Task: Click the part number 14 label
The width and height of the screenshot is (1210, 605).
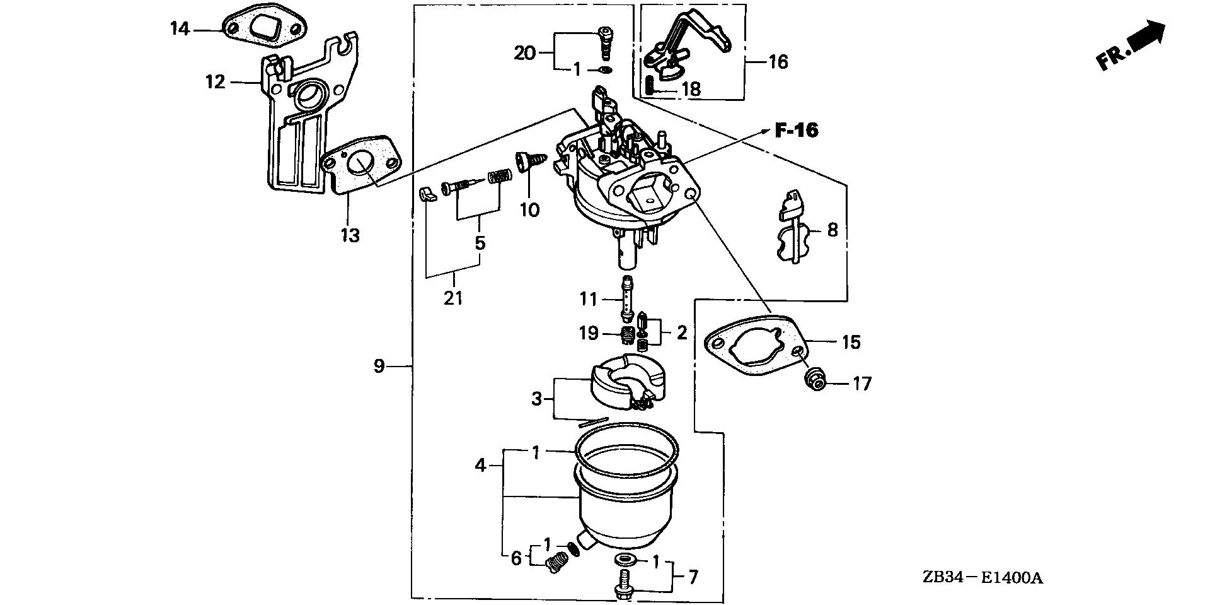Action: tap(180, 29)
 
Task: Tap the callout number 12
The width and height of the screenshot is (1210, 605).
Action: tap(216, 81)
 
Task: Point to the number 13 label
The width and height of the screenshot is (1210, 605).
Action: tap(350, 235)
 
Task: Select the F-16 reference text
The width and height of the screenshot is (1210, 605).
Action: tap(796, 131)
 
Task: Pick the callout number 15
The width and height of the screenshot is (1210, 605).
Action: tap(851, 342)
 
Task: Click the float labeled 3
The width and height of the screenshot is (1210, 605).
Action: tap(628, 383)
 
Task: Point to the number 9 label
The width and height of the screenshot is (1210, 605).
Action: tap(379, 366)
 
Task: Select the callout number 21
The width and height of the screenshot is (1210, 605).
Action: tap(453, 298)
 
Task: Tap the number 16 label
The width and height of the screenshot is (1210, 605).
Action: tap(779, 62)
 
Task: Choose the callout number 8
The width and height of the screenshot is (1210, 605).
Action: tap(832, 230)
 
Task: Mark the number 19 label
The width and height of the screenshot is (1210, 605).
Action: tap(589, 332)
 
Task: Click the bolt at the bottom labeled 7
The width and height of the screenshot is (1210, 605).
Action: tap(623, 584)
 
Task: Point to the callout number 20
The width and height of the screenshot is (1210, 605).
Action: tap(524, 53)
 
